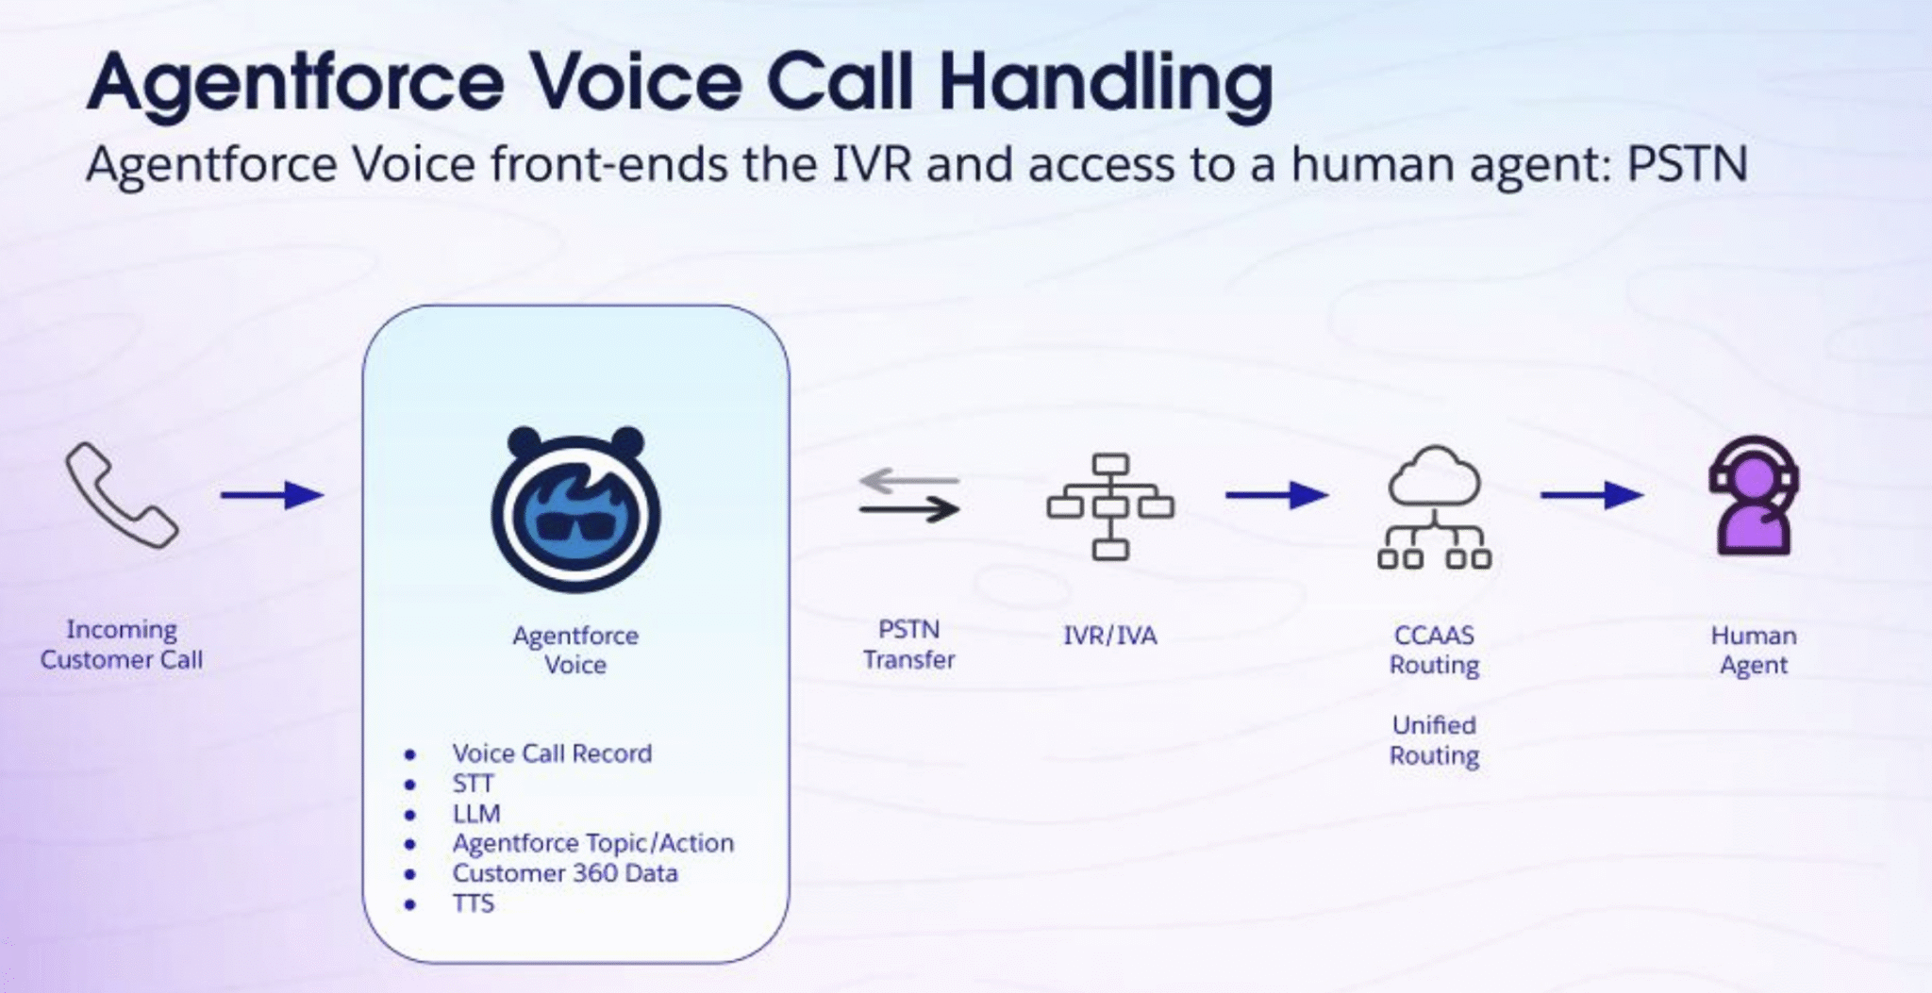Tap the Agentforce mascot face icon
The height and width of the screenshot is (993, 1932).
(575, 510)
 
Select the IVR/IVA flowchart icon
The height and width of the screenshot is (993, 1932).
(1110, 506)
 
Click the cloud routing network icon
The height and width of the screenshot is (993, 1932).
(1434, 507)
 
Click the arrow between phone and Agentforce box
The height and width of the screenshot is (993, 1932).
(273, 494)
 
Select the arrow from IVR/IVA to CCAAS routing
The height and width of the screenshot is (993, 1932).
(1276, 494)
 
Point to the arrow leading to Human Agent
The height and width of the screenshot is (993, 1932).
(1591, 494)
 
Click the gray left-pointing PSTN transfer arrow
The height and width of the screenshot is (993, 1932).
(908, 480)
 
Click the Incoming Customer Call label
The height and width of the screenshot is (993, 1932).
(121, 644)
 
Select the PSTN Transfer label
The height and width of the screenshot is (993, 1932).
(908, 644)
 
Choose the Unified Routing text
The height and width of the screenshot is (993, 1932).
(1434, 740)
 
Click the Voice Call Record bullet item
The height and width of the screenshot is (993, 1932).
(551, 753)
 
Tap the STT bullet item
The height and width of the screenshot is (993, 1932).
(473, 784)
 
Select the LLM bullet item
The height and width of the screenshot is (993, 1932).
(476, 814)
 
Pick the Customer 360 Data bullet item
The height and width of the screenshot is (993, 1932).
(564, 873)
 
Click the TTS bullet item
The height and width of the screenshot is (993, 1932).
(473, 903)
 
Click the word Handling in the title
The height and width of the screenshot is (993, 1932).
(1106, 83)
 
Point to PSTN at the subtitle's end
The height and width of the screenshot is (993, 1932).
(1687, 164)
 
